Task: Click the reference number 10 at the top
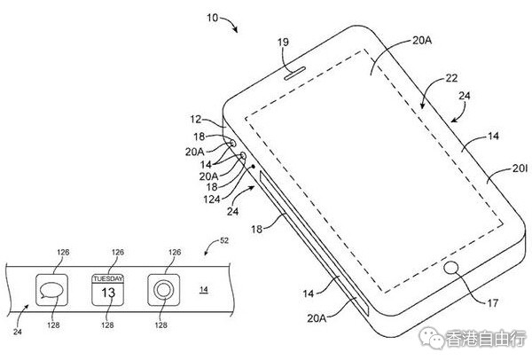click(213, 18)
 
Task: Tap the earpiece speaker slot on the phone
click(295, 74)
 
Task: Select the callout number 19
click(283, 42)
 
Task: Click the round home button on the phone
click(451, 267)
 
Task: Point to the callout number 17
click(492, 302)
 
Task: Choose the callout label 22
click(451, 78)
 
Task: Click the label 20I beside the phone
click(520, 168)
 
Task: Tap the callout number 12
click(196, 119)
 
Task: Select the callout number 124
click(212, 200)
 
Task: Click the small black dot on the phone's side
click(253, 167)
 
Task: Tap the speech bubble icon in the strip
click(51, 291)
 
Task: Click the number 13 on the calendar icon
click(108, 293)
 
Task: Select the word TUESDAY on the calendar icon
click(108, 278)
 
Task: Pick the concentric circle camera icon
click(163, 290)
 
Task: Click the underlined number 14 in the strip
click(204, 289)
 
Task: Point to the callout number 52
click(224, 240)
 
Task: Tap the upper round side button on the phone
click(232, 143)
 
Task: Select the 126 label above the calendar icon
click(118, 252)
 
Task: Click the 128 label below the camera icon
click(160, 325)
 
